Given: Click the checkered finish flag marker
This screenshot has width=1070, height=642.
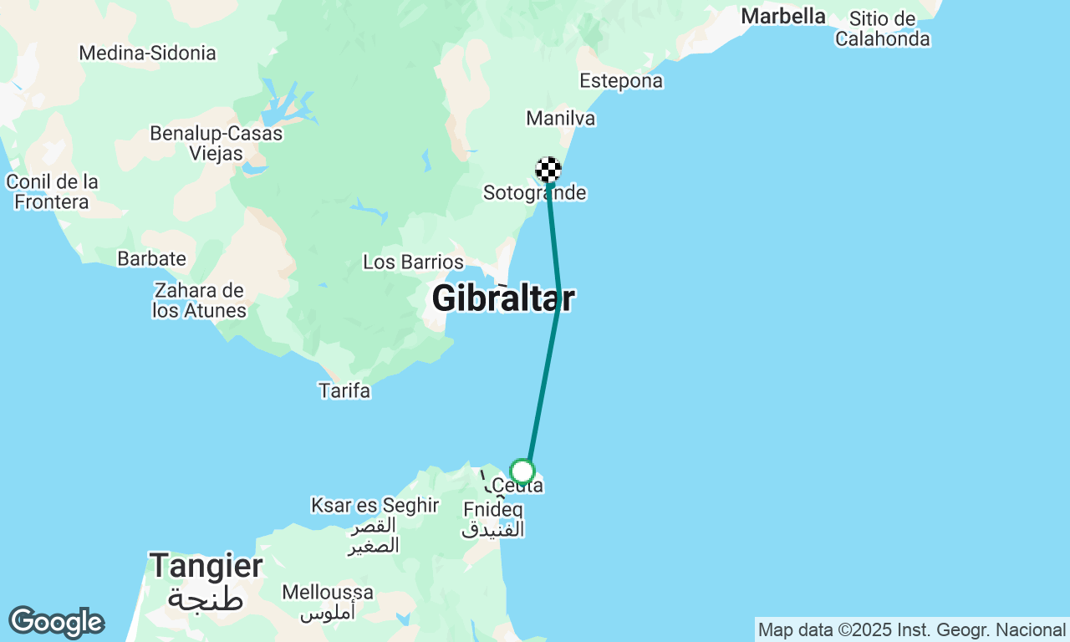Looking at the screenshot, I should coord(548,170).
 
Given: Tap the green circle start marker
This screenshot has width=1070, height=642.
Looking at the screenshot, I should coord(522,471).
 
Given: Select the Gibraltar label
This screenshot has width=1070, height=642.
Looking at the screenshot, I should coord(503,298).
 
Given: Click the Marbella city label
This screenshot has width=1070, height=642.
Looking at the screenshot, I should coord(783,16).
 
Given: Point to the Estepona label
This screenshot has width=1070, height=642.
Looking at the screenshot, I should coord(621,81).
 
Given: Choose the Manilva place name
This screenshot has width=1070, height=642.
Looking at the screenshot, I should coord(561,119).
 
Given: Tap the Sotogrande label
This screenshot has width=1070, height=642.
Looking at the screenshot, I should coord(534,193).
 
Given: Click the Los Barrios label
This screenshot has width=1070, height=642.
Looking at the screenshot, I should coord(413,262).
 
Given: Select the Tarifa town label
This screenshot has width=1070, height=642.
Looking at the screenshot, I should coord(344,390).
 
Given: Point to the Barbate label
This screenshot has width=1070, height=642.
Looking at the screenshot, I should coord(151,258).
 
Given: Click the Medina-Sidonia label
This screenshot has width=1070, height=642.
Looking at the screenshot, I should coord(147,53).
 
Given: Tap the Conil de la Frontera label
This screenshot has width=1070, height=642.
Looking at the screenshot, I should coord(52,191).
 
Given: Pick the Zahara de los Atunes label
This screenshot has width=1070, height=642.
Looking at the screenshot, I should coord(199,301).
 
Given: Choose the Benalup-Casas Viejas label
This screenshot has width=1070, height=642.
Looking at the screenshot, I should coord(216,143).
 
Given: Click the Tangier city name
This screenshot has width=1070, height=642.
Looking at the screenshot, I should coord(206,567).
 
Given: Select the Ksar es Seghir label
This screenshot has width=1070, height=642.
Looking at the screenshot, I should coord(374,506).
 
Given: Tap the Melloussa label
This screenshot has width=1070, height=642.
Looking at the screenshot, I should coord(328,592).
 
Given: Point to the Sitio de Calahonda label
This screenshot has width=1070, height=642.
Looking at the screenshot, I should coord(882,28).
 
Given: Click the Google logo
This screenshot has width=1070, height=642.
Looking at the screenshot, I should coord(56,622).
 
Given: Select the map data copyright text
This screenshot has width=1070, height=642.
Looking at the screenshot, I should coord(911,629).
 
